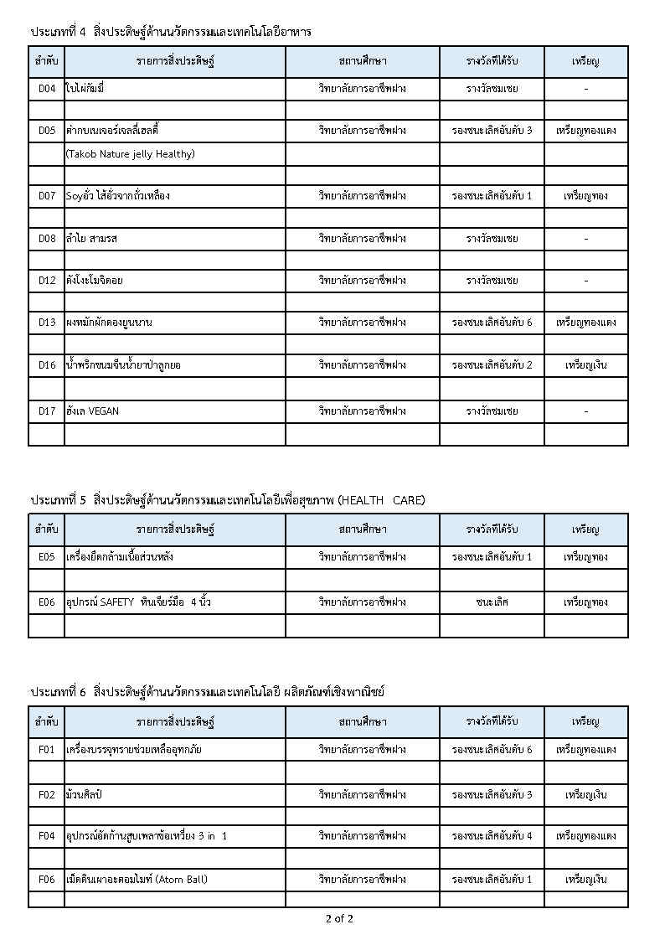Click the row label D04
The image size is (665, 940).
(x=47, y=88)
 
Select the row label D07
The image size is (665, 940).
(x=47, y=196)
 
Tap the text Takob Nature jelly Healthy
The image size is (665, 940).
(x=130, y=154)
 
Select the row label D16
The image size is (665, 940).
(x=47, y=365)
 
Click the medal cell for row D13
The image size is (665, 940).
(x=585, y=323)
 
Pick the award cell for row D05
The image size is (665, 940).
(x=492, y=131)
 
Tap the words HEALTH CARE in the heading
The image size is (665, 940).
(x=380, y=500)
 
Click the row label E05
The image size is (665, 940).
(x=47, y=557)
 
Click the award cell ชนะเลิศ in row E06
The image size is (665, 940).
(x=492, y=602)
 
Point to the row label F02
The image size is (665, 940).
(x=47, y=794)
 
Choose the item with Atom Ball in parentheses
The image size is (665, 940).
(x=137, y=880)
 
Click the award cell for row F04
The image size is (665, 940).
(x=492, y=836)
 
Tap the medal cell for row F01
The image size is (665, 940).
(x=585, y=750)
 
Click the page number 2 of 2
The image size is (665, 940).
(x=339, y=919)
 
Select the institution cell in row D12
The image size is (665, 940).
(x=362, y=281)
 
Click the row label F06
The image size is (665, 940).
(x=47, y=880)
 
